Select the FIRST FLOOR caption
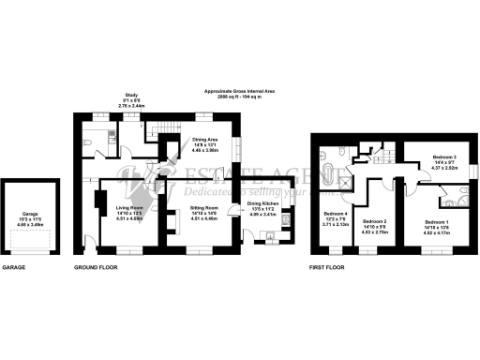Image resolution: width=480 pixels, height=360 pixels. coord(327,267)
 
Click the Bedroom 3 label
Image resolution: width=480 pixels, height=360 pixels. coord(443,157)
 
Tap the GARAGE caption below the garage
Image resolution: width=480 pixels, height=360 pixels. coord(13,267)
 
